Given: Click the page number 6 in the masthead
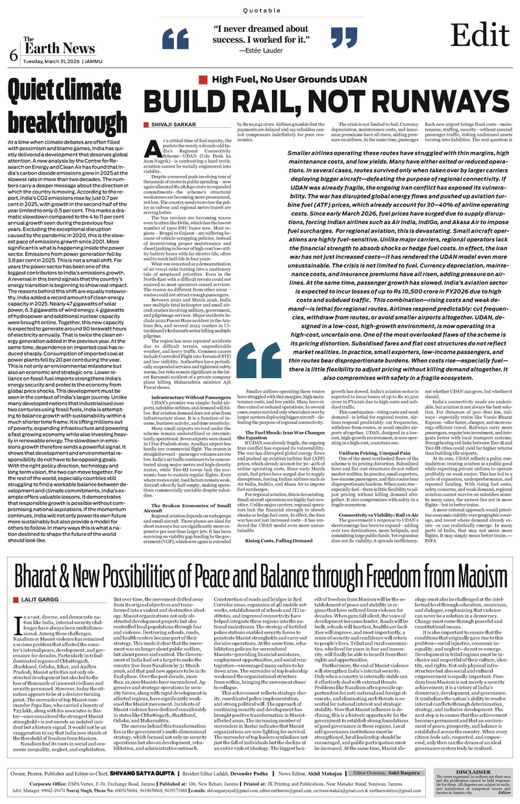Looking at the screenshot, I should (13, 56).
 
